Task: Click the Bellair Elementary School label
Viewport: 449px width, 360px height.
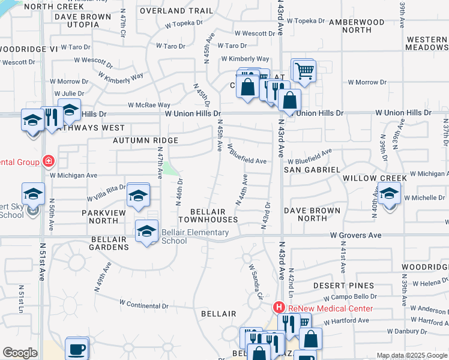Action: point(175,236)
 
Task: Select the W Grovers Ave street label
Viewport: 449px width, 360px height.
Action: point(355,235)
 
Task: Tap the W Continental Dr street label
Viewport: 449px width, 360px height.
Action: point(144,304)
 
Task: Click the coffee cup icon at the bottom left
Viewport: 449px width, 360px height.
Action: point(76,349)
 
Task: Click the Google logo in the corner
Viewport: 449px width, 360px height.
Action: point(20,353)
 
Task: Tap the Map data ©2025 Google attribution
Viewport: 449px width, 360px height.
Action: point(412,355)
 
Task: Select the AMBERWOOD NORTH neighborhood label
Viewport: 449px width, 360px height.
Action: point(357,25)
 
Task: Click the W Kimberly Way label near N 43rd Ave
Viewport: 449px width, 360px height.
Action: point(245,59)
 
